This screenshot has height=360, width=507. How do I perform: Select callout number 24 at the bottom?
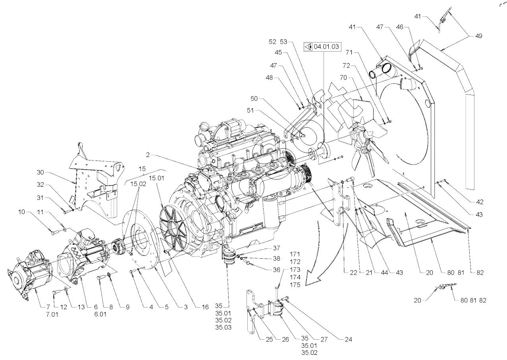tap(349, 340)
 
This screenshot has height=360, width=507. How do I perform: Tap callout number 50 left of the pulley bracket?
tap(254, 98)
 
